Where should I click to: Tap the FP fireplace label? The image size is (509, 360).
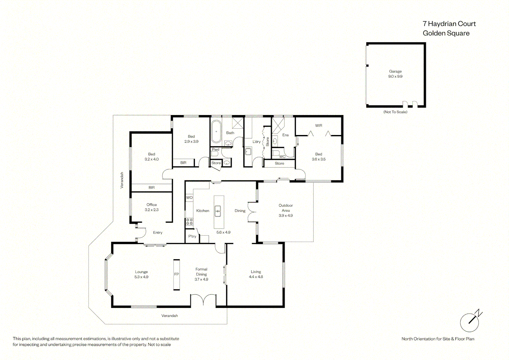tap(177, 274)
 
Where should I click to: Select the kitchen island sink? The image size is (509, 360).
tap(218, 211)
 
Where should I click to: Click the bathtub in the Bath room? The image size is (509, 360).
tap(216, 131)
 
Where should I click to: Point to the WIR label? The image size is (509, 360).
tap(318, 126)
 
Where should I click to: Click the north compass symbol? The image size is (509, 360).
tap(471, 321)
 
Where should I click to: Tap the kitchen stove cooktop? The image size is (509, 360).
tap(190, 222)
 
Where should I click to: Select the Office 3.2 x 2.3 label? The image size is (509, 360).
tap(152, 207)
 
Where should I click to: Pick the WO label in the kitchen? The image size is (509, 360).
tap(189, 197)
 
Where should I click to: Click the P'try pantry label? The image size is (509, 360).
tap(192, 236)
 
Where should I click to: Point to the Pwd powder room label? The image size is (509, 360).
tap(216, 149)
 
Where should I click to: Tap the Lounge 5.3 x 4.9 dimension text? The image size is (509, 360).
tap(141, 277)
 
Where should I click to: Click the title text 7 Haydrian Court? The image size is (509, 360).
tap(449, 24)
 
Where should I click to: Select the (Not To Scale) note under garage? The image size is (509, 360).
tap(395, 112)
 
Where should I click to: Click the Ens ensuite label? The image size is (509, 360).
tap(285, 135)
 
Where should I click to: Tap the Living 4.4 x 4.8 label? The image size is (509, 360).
tap(256, 274)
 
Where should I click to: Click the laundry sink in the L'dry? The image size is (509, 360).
tap(248, 151)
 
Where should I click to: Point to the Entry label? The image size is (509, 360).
tap(158, 233)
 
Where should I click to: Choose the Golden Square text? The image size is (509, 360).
tap(446, 33)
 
